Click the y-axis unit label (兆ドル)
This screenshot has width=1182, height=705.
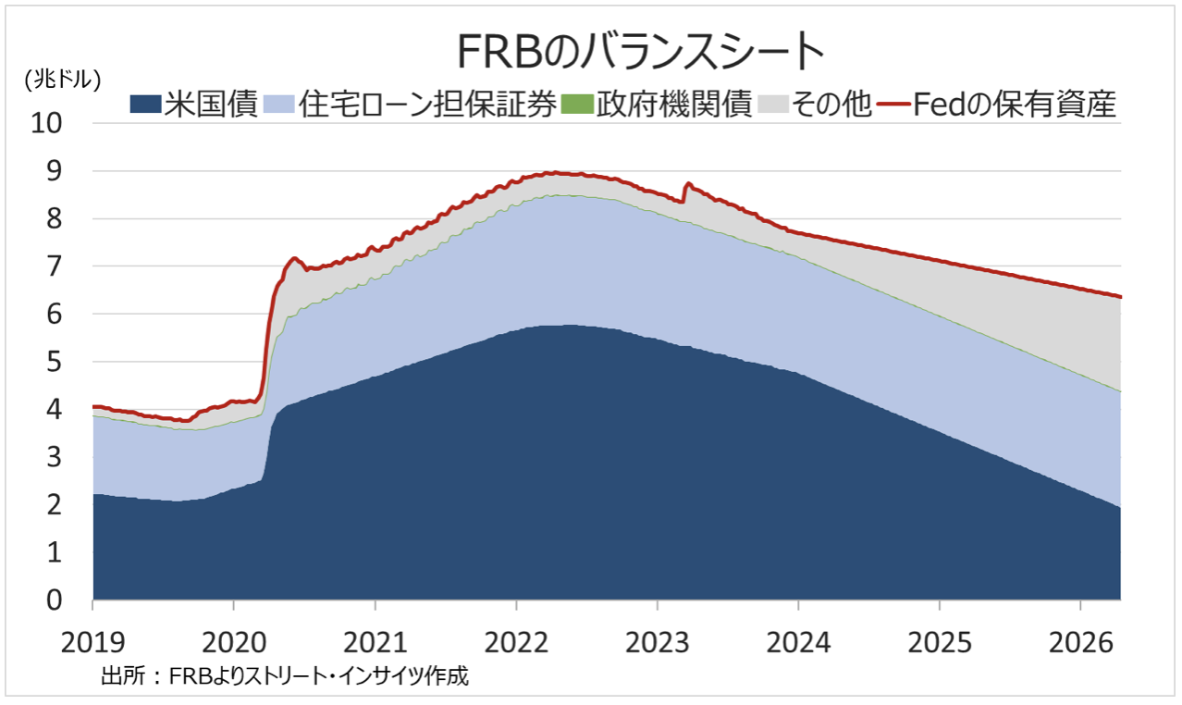62,80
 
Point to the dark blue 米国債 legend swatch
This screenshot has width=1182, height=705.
146,105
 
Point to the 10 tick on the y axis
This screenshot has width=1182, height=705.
51,123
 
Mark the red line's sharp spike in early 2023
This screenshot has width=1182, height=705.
687,184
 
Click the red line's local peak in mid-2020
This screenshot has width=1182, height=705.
294,258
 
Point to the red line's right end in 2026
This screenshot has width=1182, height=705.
1120,297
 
